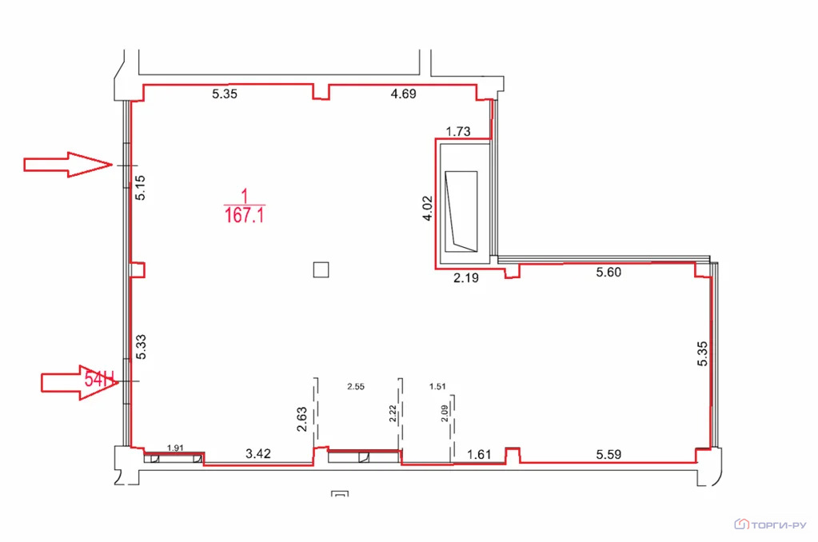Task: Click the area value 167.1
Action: pos(245,215)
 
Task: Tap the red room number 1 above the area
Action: pos(244,196)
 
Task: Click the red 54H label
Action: pos(99,380)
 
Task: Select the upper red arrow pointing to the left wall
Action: pos(68,165)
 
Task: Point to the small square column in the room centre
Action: pos(321,269)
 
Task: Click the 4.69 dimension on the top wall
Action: pos(403,94)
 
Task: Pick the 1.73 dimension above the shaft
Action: pos(458,131)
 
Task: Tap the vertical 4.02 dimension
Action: pos(427,208)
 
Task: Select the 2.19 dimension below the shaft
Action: pos(466,278)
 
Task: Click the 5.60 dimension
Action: pos(609,272)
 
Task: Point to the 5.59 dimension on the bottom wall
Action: pos(609,454)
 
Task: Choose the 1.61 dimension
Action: pos(479,454)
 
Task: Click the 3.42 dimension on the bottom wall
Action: pos(258,454)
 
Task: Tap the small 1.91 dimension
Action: pos(175,448)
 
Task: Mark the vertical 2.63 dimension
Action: pos(301,420)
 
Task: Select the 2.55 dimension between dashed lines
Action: pos(356,387)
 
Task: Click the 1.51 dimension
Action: pos(437,387)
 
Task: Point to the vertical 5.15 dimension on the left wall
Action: pos(141,188)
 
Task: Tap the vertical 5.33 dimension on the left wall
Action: pos(141,347)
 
